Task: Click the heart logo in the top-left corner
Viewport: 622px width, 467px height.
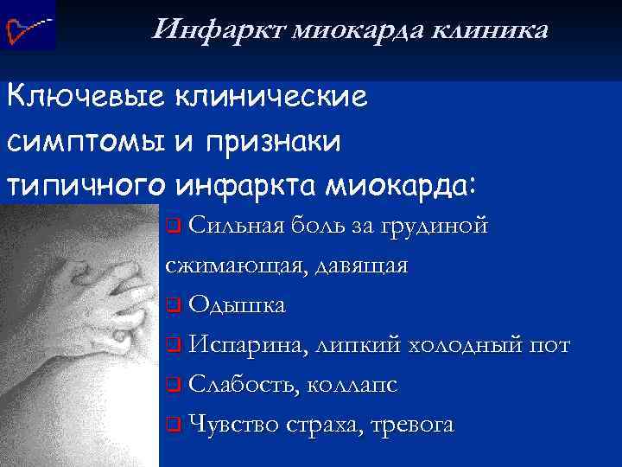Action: pos(27,25)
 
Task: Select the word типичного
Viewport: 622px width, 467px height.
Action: pos(86,186)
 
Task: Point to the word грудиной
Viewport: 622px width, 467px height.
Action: pos(443,227)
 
